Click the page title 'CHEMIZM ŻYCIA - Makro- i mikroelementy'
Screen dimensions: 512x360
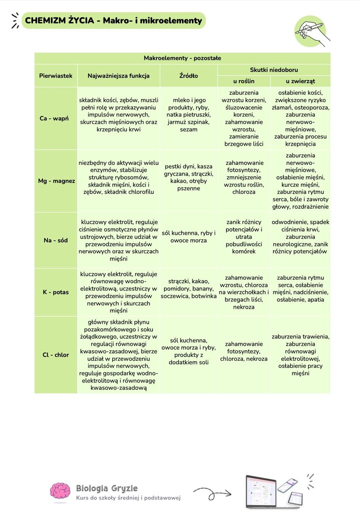[x=113, y=21]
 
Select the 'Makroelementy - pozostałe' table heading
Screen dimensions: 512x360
[x=182, y=58]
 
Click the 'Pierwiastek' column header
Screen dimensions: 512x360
[x=55, y=76]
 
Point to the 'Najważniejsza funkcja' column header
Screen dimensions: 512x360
[x=118, y=76]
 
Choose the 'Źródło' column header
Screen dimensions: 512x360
[x=188, y=76]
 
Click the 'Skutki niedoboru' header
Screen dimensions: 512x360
[x=273, y=70]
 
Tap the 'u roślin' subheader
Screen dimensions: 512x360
[x=244, y=81]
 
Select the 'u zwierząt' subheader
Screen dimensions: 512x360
[x=300, y=81]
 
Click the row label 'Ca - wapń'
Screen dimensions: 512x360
[x=55, y=119]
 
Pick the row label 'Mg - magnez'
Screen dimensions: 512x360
[x=55, y=181]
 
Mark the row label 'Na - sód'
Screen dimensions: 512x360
[x=55, y=240]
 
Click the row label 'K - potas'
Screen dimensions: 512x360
[x=55, y=292]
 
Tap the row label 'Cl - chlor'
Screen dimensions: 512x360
[x=55, y=355]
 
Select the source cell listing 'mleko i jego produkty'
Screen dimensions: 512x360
[x=188, y=115]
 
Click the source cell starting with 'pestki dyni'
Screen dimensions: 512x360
[x=188, y=177]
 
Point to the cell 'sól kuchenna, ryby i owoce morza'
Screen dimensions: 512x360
[x=188, y=237]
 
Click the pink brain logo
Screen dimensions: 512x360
[x=60, y=491]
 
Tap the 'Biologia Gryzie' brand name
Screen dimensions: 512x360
[x=106, y=488]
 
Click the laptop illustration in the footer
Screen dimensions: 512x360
[x=260, y=491]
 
